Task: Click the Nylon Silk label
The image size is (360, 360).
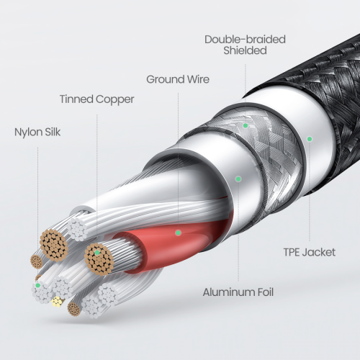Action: (37, 132)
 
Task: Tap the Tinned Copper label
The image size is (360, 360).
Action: (96, 99)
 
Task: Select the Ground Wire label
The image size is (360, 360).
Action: (178, 79)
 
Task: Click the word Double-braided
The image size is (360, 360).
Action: (245, 40)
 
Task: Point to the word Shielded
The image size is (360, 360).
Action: (245, 50)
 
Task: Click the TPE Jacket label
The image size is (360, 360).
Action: (310, 252)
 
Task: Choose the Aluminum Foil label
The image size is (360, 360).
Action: (238, 292)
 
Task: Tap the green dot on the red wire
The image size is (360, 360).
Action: (178, 233)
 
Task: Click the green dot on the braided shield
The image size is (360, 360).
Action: (246, 125)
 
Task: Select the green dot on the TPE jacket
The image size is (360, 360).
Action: (310, 139)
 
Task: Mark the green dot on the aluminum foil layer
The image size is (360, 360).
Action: (238, 179)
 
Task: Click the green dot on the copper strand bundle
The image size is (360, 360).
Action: (97, 253)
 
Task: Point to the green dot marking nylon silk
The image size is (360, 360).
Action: (37, 285)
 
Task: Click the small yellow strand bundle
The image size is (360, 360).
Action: (57, 302)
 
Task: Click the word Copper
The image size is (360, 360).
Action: (114, 99)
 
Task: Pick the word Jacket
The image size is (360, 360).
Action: (319, 252)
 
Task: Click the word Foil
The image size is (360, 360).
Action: (266, 292)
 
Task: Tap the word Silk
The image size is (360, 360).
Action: (53, 132)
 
